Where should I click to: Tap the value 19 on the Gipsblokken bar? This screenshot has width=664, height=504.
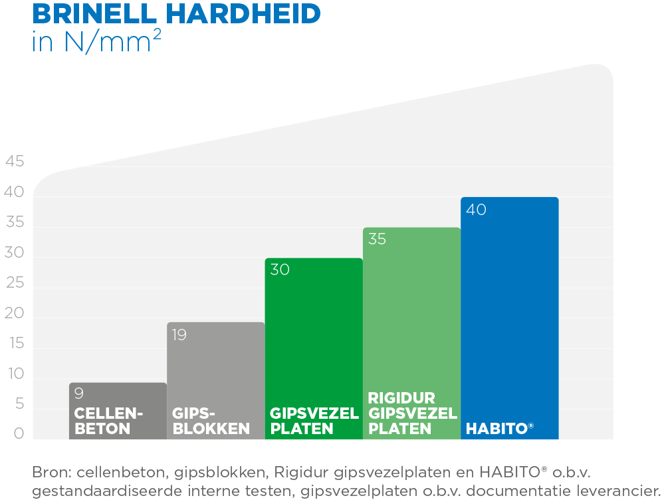click(x=179, y=335)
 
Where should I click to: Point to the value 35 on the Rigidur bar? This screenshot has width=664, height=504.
click(x=377, y=240)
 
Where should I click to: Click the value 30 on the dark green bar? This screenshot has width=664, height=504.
click(x=280, y=270)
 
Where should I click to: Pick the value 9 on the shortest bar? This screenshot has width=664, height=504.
click(x=78, y=393)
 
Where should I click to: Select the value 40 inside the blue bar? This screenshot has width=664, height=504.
click(x=476, y=210)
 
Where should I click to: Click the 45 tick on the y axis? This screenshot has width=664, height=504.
click(x=15, y=162)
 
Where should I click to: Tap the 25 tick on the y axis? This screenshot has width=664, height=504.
click(x=15, y=284)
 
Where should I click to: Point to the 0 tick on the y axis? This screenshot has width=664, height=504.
click(x=19, y=434)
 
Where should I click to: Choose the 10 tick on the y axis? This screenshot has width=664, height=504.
click(x=15, y=374)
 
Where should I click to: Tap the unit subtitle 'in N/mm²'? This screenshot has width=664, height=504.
click(x=96, y=41)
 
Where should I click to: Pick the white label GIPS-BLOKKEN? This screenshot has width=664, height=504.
click(x=211, y=421)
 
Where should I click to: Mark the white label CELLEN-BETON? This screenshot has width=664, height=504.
click(x=108, y=421)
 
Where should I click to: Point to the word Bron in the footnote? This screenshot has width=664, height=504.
click(x=52, y=473)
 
